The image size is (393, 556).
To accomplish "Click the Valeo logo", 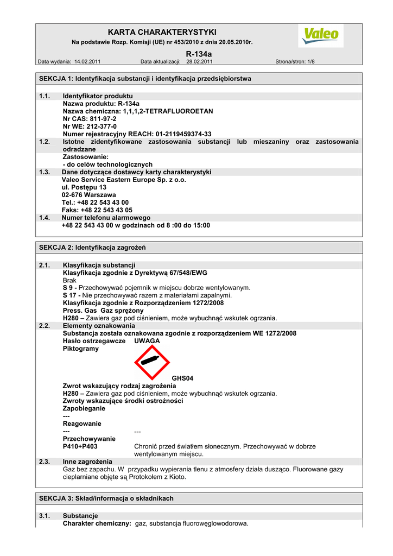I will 321,36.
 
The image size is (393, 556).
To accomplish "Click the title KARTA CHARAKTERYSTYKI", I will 162,33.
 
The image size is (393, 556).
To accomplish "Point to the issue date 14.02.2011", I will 87,62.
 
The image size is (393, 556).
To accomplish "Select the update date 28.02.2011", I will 200,62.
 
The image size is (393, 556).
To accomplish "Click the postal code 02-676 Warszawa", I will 88,194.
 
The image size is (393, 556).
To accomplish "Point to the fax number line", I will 97,210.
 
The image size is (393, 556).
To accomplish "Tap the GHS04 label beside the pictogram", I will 182,378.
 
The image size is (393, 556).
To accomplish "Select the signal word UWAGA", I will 147,340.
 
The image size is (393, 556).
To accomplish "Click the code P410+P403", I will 80,446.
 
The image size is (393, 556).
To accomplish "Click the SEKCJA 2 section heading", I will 92,248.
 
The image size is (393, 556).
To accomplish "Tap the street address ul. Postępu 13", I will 84,187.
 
